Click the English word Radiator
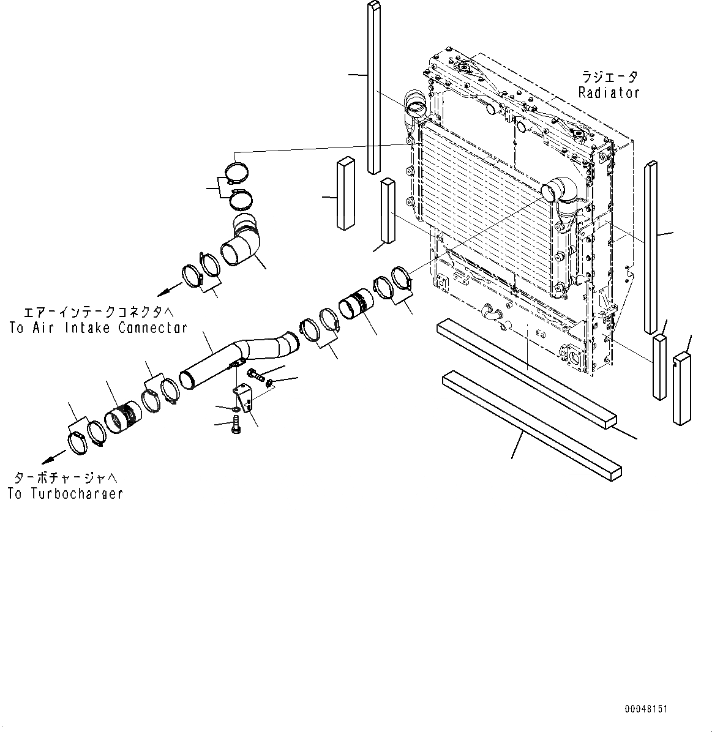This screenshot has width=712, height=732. [x=609, y=93]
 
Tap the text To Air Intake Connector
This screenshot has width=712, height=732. [x=98, y=328]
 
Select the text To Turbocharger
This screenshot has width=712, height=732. [x=66, y=493]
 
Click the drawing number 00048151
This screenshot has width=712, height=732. [x=646, y=709]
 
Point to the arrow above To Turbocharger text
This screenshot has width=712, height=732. [x=54, y=456]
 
